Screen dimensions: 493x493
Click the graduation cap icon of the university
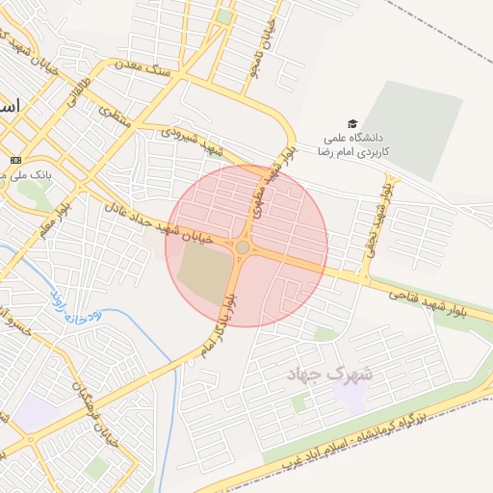tap(352, 123)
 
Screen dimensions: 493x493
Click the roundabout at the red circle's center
tap(243, 247)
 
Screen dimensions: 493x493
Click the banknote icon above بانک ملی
tap(15, 159)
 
